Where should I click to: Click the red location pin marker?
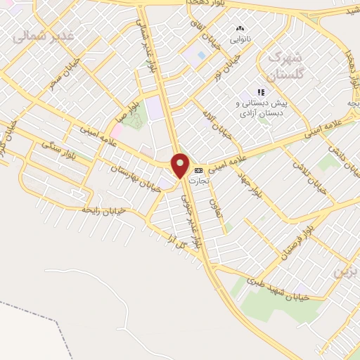pyautogui.click(x=181, y=166)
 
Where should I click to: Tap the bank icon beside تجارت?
pyautogui.click(x=198, y=169)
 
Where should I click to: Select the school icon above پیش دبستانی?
pyautogui.click(x=261, y=92)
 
